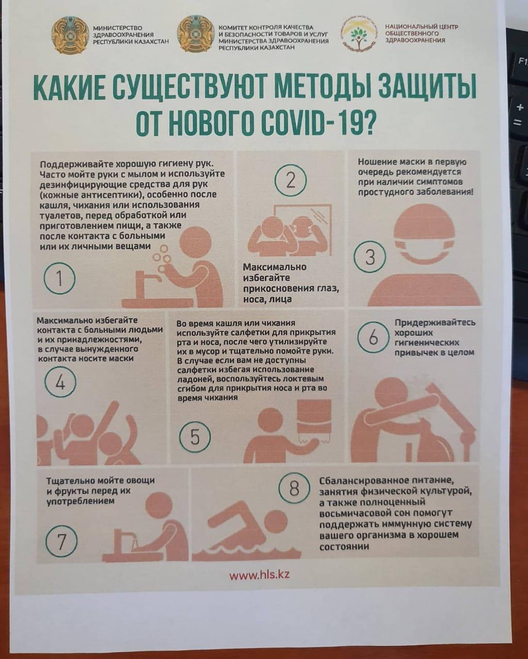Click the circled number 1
(x=59, y=279)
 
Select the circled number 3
(x=370, y=257)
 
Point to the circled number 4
(x=60, y=382)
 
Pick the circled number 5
(x=195, y=437)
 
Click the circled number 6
(x=373, y=337)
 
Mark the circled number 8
(x=294, y=489)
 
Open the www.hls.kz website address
(x=259, y=575)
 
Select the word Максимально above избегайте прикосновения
(x=275, y=267)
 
